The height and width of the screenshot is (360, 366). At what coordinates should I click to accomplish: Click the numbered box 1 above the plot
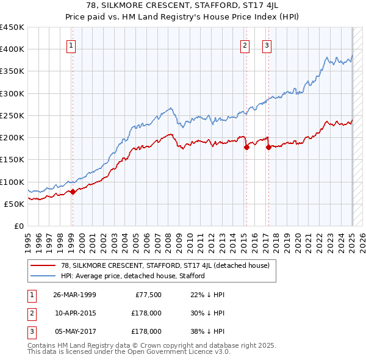pos(72,45)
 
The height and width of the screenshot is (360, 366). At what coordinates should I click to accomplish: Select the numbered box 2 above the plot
pos(245,45)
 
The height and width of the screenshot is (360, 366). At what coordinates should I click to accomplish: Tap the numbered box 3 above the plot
pos(267,45)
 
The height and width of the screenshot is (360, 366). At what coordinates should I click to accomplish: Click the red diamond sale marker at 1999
pos(73,192)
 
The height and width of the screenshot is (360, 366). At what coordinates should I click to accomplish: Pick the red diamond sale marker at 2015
pos(246,147)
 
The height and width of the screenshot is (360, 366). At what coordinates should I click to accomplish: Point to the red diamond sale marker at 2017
pos(268,146)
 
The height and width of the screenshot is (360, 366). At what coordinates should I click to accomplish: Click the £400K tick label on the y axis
pos(12,49)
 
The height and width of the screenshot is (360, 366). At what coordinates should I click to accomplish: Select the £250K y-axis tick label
pos(12,115)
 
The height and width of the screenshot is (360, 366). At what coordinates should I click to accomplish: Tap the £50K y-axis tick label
pos(15,204)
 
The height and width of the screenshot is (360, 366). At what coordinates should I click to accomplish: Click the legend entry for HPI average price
pos(132,276)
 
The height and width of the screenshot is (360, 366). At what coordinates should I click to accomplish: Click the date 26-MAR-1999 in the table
pos(74,295)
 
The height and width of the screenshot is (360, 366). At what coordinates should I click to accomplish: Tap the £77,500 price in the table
pos(147,295)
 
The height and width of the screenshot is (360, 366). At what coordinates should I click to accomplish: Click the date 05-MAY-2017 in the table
pos(75,331)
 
